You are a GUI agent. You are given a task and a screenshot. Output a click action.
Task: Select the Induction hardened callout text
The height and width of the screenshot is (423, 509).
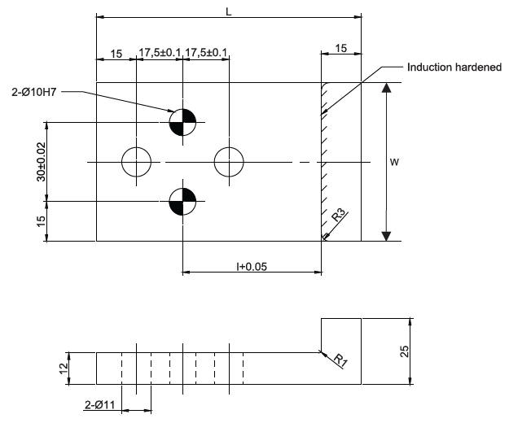point(454,67)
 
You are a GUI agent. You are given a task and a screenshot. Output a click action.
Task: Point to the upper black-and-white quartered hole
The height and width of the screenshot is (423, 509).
point(182,122)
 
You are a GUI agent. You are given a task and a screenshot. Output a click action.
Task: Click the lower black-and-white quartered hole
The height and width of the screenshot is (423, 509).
point(182,200)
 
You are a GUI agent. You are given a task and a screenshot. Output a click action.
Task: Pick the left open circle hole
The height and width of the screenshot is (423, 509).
point(137,162)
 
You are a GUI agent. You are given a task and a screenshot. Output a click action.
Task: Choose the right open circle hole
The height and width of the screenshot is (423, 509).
point(229,162)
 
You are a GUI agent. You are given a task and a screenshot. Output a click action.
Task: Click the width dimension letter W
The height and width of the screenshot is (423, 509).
point(394,163)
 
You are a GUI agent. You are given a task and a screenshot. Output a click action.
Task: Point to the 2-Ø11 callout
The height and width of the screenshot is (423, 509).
point(100,404)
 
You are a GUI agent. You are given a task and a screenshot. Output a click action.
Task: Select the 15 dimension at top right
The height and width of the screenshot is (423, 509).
point(340,49)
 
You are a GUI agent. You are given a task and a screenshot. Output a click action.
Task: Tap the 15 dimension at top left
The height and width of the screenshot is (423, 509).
point(116,53)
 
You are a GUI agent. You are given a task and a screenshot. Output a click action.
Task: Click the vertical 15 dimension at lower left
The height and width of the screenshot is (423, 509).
point(41,221)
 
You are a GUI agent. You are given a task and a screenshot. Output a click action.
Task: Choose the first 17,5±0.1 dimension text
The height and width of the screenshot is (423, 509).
point(160,53)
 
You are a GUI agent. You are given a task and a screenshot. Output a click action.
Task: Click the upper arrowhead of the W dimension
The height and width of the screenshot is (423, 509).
point(385,89)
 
